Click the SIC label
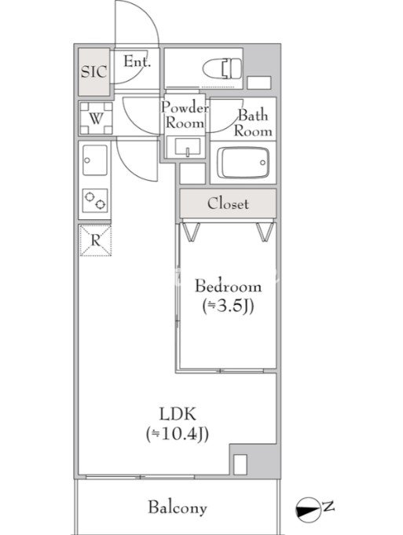point(93,71)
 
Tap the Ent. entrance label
point(137,61)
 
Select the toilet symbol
point(222,69)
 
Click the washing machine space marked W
point(96,119)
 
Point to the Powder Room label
point(185,115)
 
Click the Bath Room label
point(253,123)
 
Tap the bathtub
point(244,163)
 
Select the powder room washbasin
point(187,148)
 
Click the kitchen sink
point(95,160)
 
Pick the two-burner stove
point(95,200)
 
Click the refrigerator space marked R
point(95,240)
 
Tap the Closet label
point(228,203)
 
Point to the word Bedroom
point(229,286)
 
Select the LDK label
point(178,414)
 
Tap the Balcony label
point(178,508)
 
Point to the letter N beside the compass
point(328,506)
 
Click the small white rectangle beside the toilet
point(259,83)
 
